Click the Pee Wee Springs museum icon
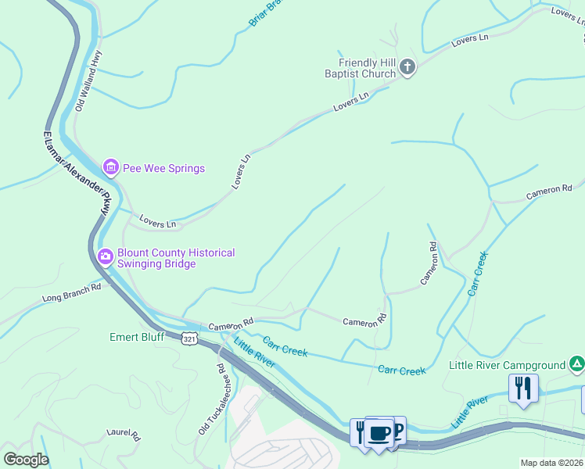tap(110, 167)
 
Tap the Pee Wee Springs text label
tap(163, 168)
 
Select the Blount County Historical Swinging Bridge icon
tap(105, 256)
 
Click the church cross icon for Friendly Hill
tap(407, 68)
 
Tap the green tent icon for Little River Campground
tap(576, 364)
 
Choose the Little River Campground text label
tap(507, 365)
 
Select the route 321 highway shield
tap(188, 338)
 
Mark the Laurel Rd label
tap(123, 433)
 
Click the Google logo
tap(26, 460)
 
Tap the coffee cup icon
tap(379, 432)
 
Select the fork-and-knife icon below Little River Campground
tap(522, 388)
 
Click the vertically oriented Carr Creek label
tap(477, 273)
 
